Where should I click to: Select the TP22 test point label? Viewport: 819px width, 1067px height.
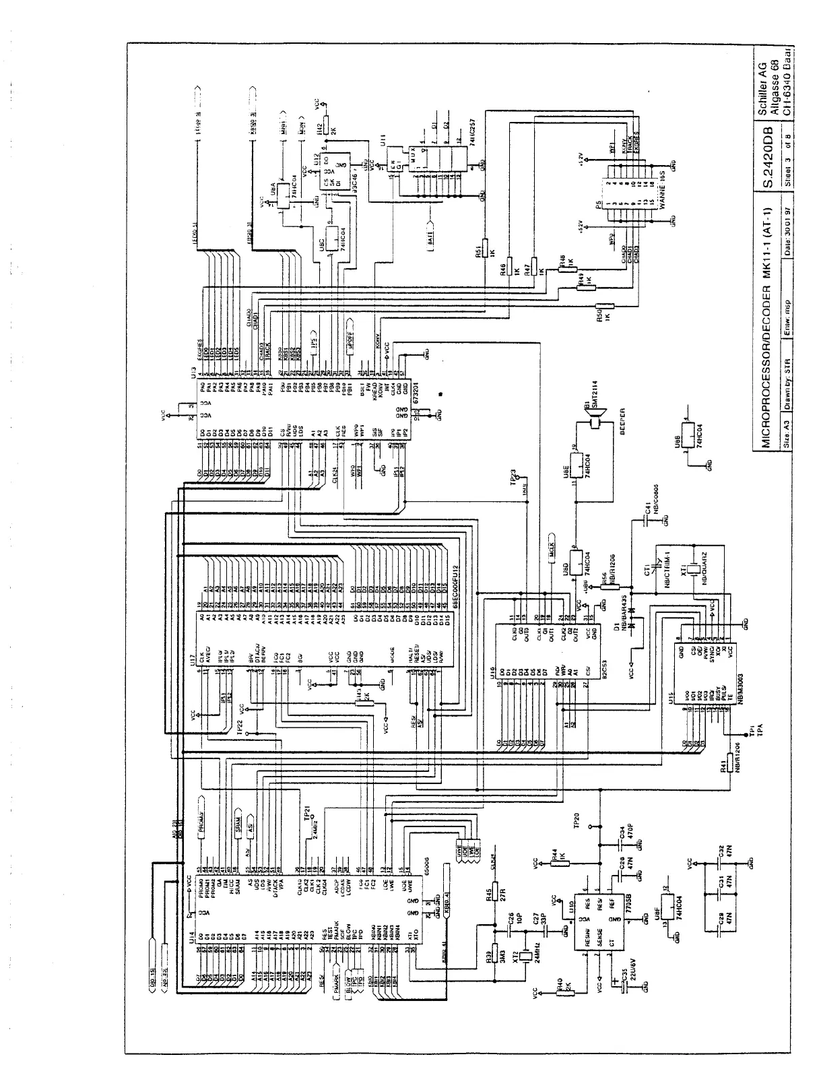tap(240, 727)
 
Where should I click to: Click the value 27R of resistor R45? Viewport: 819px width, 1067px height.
tap(502, 893)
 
